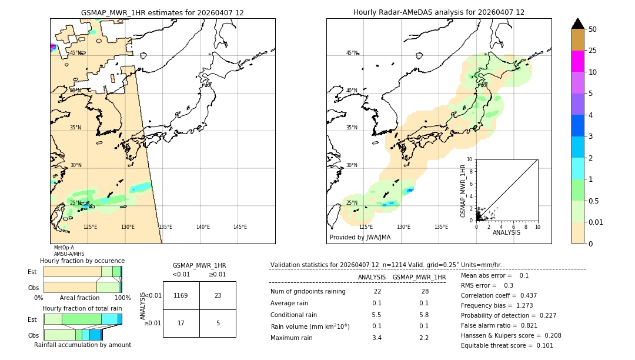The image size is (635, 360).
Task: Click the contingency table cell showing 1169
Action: click(x=181, y=295)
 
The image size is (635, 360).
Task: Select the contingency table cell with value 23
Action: click(x=218, y=295)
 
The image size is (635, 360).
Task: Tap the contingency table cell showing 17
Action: click(x=181, y=323)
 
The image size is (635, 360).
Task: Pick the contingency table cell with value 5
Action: click(x=218, y=323)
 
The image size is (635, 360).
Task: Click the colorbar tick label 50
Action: click(x=593, y=29)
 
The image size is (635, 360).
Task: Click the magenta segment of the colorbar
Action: click(x=578, y=61)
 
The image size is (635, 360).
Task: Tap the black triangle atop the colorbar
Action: click(x=578, y=24)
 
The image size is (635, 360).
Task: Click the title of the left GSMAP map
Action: click(x=162, y=12)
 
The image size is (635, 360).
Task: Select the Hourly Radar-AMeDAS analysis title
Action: click(x=439, y=12)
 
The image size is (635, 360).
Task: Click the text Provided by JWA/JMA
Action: click(x=360, y=237)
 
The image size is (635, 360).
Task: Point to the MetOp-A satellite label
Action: click(x=63, y=248)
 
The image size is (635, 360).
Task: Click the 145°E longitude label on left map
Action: click(x=240, y=227)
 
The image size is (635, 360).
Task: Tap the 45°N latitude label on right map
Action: click(x=352, y=53)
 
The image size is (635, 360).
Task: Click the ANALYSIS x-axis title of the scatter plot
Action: click(x=506, y=232)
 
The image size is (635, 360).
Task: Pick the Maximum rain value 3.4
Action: click(x=377, y=338)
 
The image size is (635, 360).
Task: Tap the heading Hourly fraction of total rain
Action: click(x=82, y=308)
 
